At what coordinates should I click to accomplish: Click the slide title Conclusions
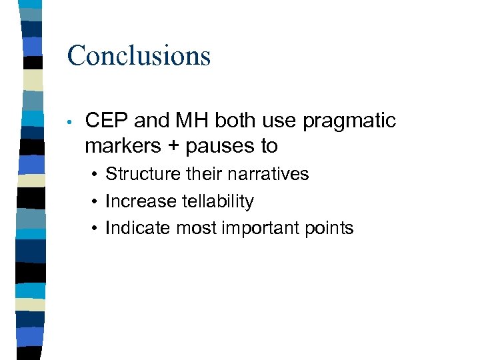139,55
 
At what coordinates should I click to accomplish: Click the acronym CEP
107,121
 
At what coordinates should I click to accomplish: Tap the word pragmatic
349,121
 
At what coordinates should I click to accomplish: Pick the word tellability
214,201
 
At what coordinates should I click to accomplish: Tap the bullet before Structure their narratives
96,175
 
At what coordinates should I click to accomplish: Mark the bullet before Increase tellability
96,202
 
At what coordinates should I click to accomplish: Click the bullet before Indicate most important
96,229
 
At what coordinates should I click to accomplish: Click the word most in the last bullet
197,229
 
